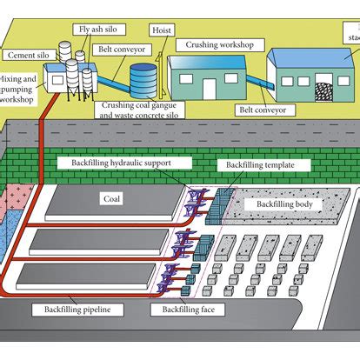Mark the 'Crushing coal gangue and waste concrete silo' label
click(143, 111)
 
